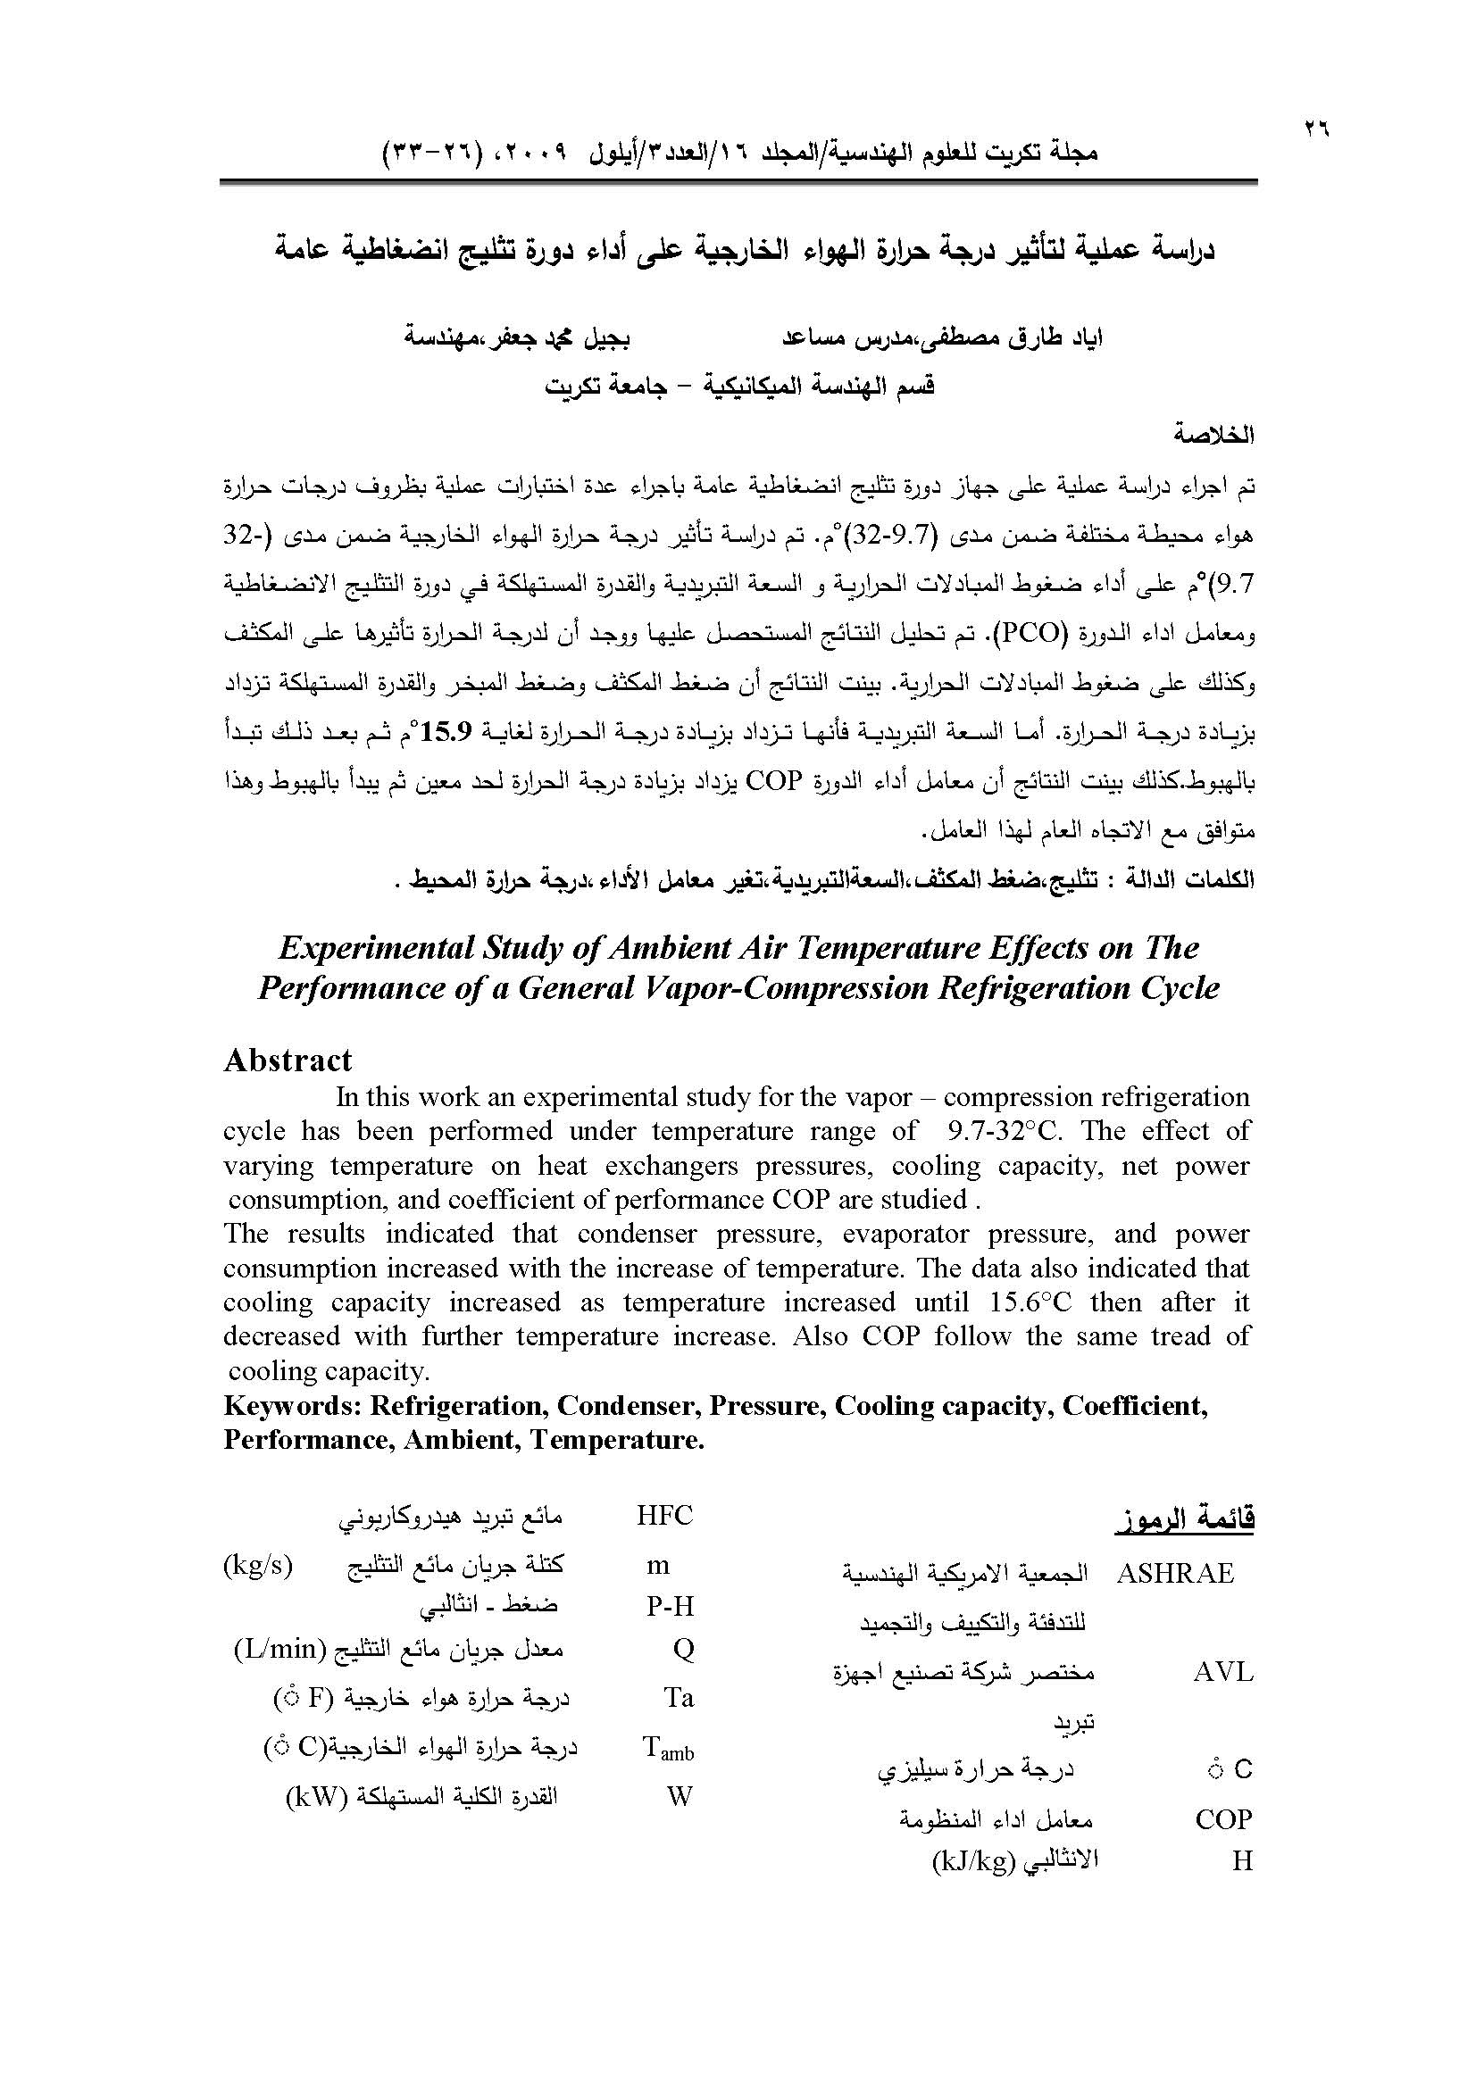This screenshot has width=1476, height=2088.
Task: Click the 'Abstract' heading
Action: [x=288, y=1061]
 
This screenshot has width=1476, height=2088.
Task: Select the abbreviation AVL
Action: [x=1222, y=1671]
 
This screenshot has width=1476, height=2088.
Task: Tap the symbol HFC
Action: [x=665, y=1516]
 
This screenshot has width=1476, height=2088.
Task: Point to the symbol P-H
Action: [x=671, y=1607]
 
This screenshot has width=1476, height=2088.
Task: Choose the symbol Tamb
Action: [x=669, y=1749]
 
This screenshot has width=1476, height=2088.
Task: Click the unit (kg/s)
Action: [x=257, y=1564]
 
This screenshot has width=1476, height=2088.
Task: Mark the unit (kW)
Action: [x=317, y=1796]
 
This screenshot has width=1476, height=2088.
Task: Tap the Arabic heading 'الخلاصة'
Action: [x=1213, y=436]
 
